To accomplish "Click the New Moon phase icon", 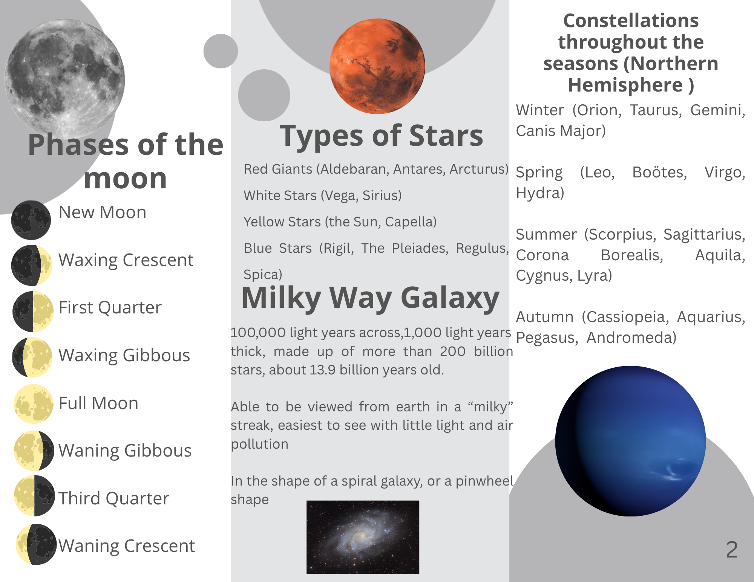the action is [31, 220].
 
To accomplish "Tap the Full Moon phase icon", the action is [34, 404].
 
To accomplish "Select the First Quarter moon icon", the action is [33, 312].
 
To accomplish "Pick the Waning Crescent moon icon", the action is [36, 544].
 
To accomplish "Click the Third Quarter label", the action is [114, 498].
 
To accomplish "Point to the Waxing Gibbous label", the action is [124, 355].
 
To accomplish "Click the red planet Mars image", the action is [377, 66].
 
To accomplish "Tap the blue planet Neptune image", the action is [630, 441].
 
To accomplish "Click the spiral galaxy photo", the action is [363, 537].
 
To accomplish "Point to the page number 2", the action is [732, 550].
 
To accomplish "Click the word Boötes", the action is [659, 173].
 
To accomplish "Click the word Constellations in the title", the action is [631, 20].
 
